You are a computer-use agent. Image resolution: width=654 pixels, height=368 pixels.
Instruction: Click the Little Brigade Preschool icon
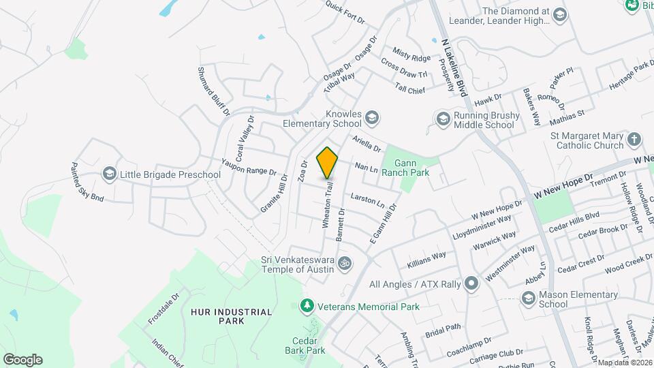click(109, 174)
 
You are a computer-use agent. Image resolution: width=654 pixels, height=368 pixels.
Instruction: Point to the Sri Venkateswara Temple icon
click(345, 262)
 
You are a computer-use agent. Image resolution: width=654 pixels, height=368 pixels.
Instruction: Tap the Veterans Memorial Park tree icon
click(307, 306)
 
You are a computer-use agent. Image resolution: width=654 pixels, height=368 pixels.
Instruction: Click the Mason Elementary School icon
click(527, 298)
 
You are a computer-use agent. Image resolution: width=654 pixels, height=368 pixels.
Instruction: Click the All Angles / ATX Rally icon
click(471, 283)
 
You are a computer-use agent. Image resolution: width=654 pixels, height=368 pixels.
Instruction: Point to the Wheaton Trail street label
click(327, 205)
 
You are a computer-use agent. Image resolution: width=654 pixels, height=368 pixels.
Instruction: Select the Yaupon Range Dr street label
click(249, 168)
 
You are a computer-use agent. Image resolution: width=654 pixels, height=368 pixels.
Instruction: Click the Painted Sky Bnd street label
click(87, 182)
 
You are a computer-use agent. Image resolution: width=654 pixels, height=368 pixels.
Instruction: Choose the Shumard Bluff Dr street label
click(214, 90)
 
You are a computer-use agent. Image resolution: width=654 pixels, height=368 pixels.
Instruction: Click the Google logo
click(22, 360)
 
